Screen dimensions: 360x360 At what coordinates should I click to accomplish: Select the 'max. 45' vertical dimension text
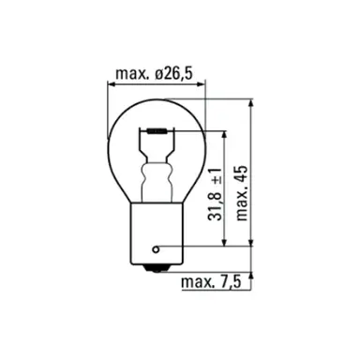coord(242,193)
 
